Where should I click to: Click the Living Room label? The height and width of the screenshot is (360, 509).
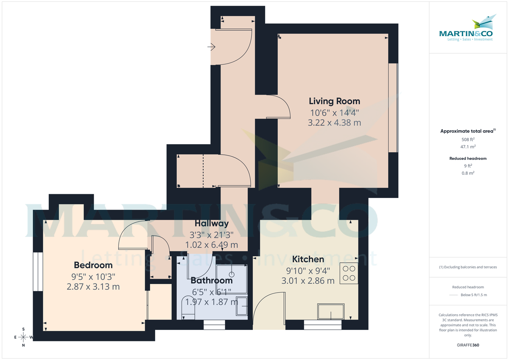pyautogui.click(x=334, y=101)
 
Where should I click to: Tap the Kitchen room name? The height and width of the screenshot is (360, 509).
pyautogui.click(x=308, y=259)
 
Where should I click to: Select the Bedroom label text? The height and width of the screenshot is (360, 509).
pyautogui.click(x=93, y=265)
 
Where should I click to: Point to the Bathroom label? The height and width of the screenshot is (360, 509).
pyautogui.click(x=211, y=280)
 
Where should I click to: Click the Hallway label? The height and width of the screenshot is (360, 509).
pyautogui.click(x=211, y=223)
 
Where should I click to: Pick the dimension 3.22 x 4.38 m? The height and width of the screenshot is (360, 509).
pyautogui.click(x=334, y=123)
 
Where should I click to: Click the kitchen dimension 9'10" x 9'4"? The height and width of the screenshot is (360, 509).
pyautogui.click(x=308, y=270)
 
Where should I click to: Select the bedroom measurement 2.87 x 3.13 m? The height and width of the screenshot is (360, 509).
pyautogui.click(x=93, y=287)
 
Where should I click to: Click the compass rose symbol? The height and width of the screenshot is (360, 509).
pyautogui.click(x=23, y=337)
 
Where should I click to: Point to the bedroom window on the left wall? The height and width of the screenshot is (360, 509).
pyautogui.click(x=39, y=272)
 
